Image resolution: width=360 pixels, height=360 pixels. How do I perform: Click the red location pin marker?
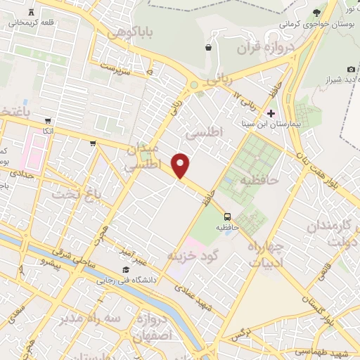point(181,165)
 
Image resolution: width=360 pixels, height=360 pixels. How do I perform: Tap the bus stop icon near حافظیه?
point(227,217)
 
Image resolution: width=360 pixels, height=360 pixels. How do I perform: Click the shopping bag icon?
point(208,48)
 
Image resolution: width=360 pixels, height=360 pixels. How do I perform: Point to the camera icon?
point(351,69)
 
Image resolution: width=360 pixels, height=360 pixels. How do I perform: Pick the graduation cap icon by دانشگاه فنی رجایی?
point(125,270)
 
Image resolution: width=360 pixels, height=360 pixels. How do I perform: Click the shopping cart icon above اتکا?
point(47,120)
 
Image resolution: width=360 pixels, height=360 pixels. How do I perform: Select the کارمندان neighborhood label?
point(333,226)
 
